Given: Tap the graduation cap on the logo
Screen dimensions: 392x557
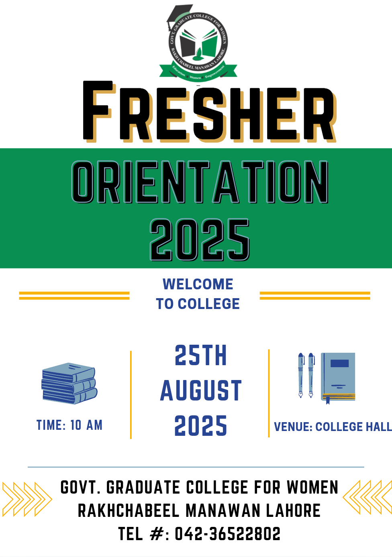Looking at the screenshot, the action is (x=180, y=15).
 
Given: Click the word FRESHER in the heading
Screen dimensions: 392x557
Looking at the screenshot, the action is (x=210, y=112).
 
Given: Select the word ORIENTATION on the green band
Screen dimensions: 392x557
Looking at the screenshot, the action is (x=200, y=182).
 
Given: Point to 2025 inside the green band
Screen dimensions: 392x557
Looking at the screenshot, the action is (x=200, y=240).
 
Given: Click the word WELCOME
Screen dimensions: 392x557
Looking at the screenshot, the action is (x=198, y=284).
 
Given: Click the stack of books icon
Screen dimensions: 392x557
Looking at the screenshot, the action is (x=69, y=383).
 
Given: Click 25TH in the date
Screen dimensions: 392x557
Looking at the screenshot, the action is (x=200, y=355).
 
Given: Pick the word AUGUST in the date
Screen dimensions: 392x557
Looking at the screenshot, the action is (x=200, y=390).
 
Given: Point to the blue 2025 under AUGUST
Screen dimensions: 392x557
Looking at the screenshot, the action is (x=200, y=425).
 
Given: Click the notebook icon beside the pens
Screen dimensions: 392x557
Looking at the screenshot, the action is (x=338, y=378).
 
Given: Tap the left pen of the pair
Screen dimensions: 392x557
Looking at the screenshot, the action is (x=301, y=375).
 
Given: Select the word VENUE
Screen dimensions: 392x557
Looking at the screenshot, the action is (x=293, y=427).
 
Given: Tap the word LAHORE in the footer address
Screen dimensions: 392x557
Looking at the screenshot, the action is (x=293, y=510).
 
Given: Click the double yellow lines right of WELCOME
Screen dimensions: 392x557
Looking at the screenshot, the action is (x=315, y=296).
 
